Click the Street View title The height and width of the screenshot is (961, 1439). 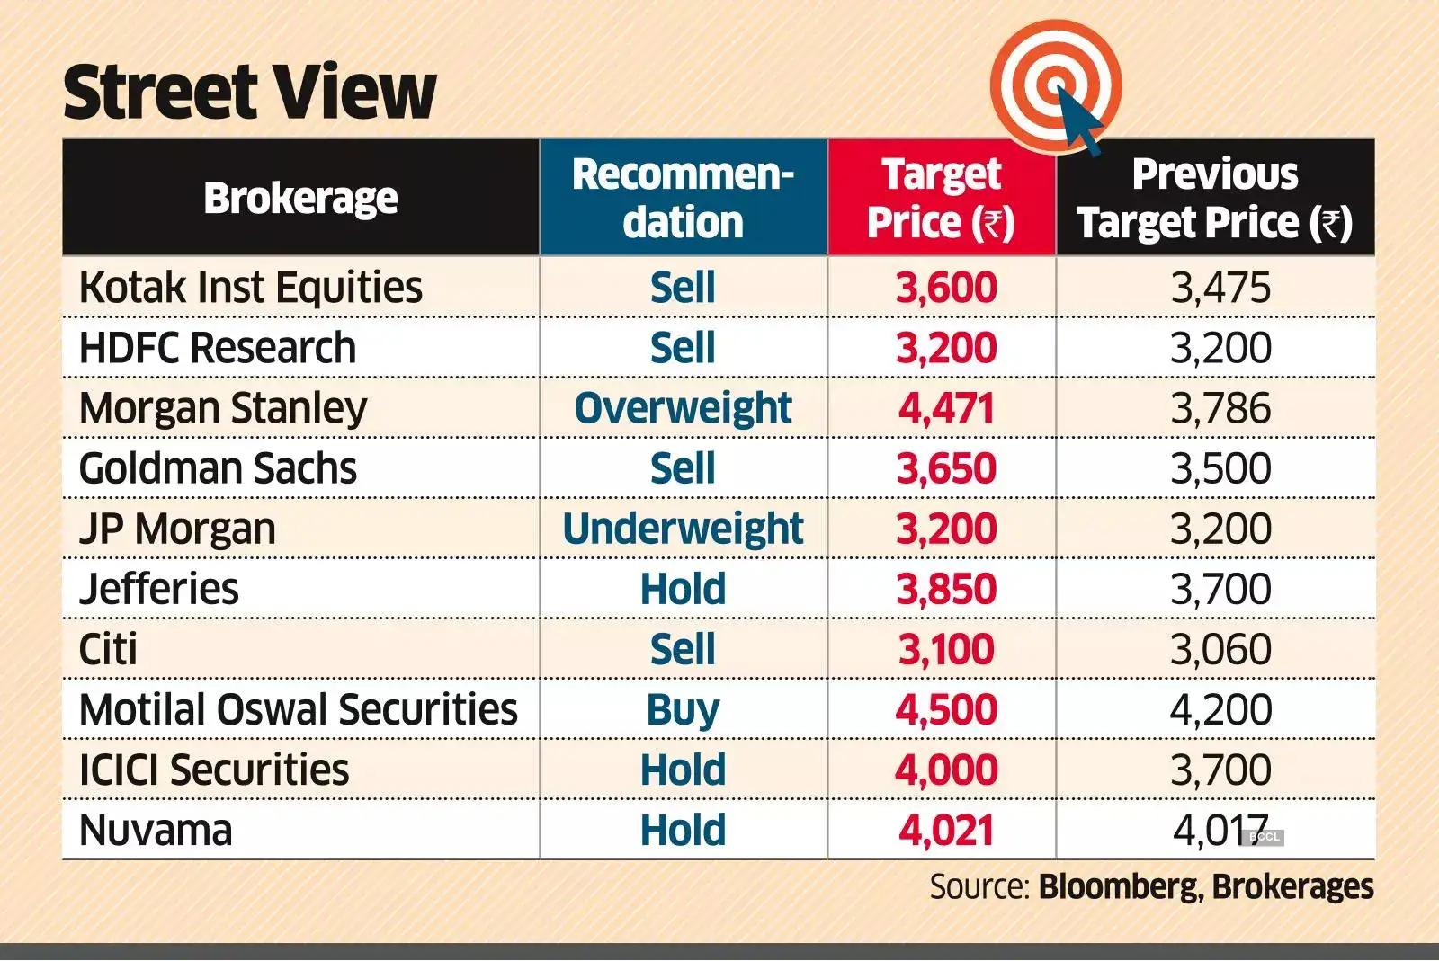click(x=249, y=93)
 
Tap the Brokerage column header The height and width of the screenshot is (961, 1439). click(x=300, y=198)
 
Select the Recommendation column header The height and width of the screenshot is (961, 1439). click(x=683, y=198)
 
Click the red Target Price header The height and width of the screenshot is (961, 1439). click(x=941, y=198)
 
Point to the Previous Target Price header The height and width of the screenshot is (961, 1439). click(x=1215, y=198)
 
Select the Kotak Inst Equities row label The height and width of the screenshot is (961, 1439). click(x=250, y=288)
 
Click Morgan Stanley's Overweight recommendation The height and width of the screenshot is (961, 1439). click(x=683, y=408)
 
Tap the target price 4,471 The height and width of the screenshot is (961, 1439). click(x=945, y=408)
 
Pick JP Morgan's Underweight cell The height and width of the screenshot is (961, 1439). click(x=683, y=529)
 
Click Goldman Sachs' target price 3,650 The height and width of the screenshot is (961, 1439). click(x=945, y=468)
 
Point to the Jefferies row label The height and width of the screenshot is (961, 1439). click(x=159, y=589)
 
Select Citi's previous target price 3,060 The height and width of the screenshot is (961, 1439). click(x=1220, y=649)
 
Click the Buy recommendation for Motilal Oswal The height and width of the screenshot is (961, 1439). click(x=683, y=710)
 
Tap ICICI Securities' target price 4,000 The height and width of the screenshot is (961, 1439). click(x=945, y=770)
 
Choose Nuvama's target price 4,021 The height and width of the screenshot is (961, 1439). click(x=945, y=831)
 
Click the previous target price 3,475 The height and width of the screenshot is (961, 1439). click(x=1220, y=288)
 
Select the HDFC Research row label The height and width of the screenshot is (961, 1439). click(x=218, y=348)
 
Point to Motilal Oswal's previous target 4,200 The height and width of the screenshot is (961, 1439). click(x=1220, y=710)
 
